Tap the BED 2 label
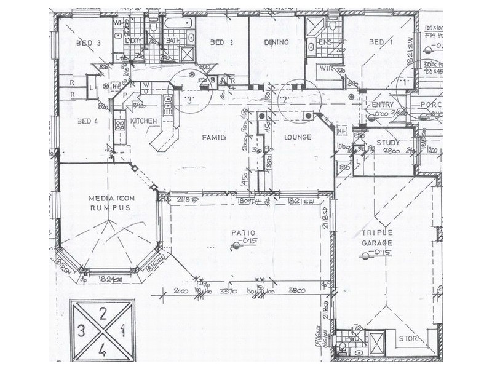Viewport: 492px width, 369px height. point(220,42)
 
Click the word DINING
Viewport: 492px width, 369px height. point(276,42)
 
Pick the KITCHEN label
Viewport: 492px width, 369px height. point(143,121)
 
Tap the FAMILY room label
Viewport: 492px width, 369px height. point(215,137)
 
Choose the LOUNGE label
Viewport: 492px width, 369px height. point(298,137)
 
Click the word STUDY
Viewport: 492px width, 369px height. point(388,143)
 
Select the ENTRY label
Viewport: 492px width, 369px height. point(383,105)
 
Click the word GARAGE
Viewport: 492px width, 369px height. point(377,242)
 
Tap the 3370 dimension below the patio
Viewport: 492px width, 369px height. point(228,291)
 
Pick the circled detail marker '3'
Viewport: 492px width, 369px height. point(189,99)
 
